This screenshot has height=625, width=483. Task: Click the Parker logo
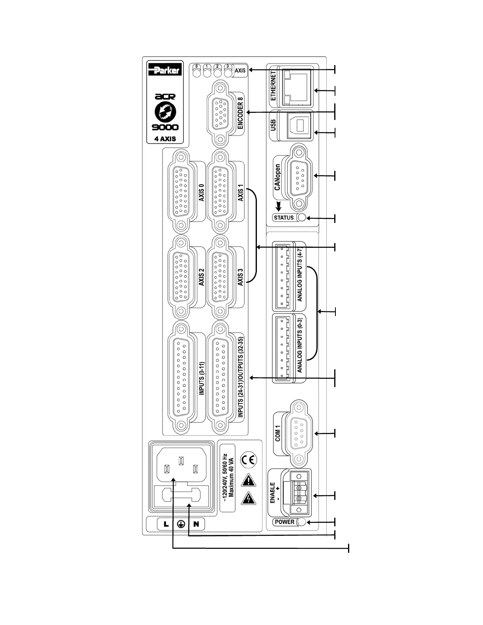[x=165, y=70]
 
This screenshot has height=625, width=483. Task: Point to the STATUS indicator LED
[x=302, y=218]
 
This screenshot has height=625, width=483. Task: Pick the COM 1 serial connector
[x=301, y=433]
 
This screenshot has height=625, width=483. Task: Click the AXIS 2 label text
[x=202, y=277]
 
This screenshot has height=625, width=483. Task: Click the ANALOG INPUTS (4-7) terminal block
[x=283, y=276]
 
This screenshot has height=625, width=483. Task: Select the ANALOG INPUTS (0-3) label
[x=300, y=346]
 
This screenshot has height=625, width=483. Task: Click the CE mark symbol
[x=249, y=460]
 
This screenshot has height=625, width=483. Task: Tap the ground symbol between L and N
[x=181, y=524]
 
